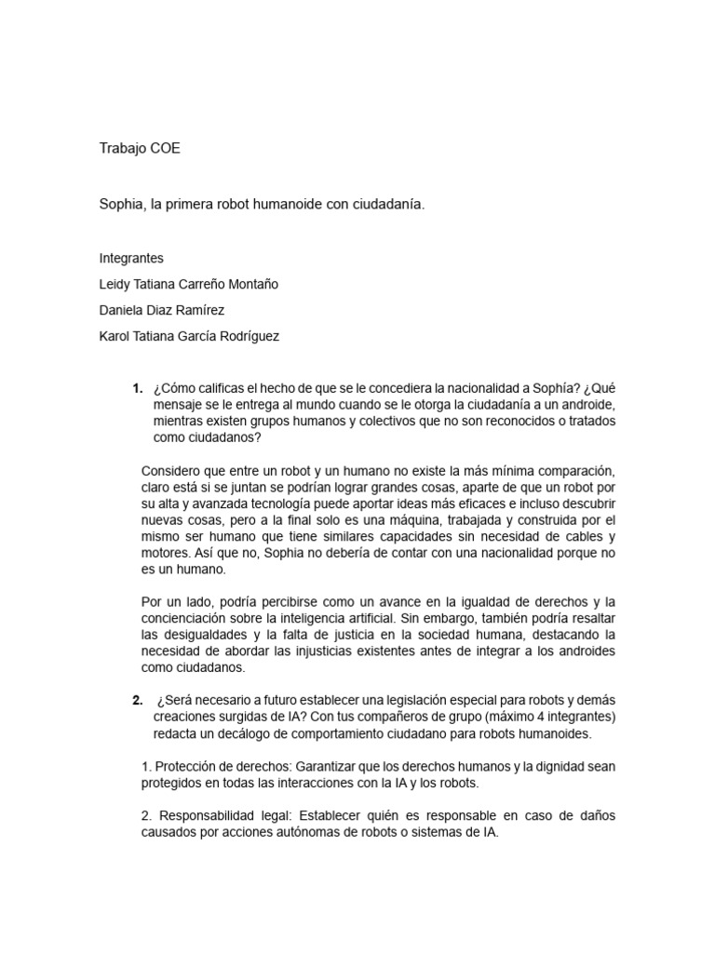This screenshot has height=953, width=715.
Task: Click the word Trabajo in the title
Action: point(121,148)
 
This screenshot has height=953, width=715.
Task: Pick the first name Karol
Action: point(115,337)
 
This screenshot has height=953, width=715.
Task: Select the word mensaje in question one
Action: point(182,406)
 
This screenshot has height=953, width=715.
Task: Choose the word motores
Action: point(167,554)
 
